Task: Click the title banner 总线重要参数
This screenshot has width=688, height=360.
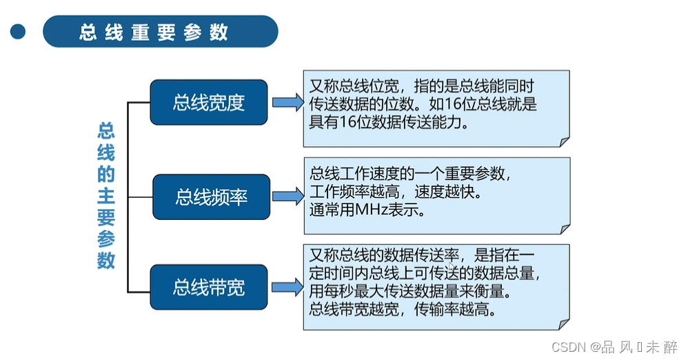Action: pyautogui.click(x=160, y=32)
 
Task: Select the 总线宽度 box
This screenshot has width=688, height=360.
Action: pyautogui.click(x=208, y=103)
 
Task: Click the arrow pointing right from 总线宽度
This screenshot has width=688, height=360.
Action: pyautogui.click(x=287, y=103)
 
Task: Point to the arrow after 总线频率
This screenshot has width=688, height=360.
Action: pyautogui.click(x=287, y=197)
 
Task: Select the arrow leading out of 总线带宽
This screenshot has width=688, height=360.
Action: pyautogui.click(x=287, y=287)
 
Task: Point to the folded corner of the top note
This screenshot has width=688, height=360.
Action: pyautogui.click(x=564, y=141)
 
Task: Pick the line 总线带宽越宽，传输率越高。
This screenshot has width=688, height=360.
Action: pyautogui.click(x=403, y=310)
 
